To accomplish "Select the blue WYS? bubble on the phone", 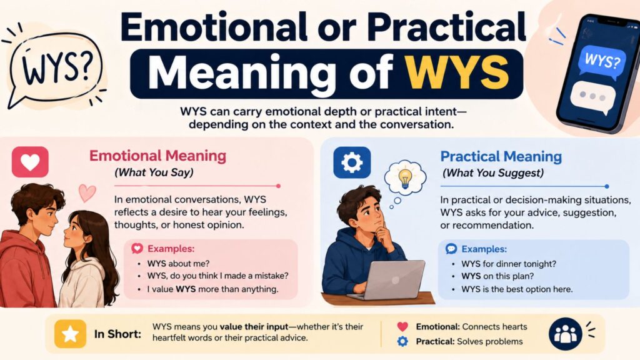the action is (x=602, y=61).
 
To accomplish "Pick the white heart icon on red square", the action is (x=30, y=162).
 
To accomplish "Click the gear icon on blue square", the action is (x=352, y=162).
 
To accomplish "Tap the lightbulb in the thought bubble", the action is (x=405, y=178).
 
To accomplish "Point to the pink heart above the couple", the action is (x=87, y=192).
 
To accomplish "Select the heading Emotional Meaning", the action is (x=157, y=156).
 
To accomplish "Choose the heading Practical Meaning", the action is (x=501, y=156).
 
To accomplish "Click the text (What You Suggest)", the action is (x=493, y=173).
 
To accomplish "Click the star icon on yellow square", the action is (x=70, y=334).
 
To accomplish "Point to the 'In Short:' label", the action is (x=117, y=334).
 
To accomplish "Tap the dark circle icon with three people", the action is (x=565, y=334).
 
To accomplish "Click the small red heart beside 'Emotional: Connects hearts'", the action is (x=402, y=326).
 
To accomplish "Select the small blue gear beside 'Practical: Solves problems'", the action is (x=402, y=342).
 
